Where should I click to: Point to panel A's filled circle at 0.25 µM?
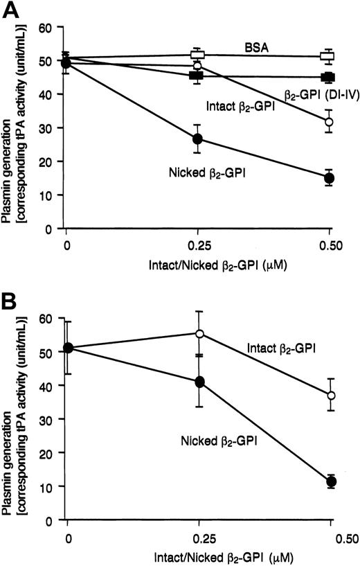[197, 139]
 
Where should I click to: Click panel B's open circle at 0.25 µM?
[199, 333]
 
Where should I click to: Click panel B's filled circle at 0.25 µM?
[199, 382]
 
